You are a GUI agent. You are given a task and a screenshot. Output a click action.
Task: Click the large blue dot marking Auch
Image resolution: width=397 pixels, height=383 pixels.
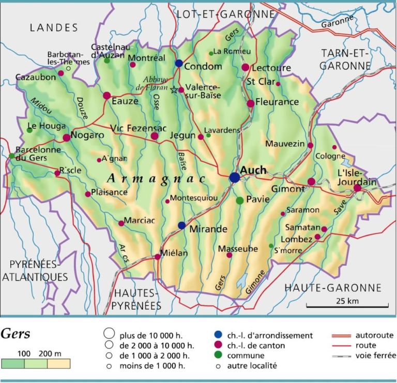(x=235, y=177)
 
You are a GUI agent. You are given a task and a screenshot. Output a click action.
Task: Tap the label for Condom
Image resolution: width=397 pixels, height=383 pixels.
(x=203, y=66)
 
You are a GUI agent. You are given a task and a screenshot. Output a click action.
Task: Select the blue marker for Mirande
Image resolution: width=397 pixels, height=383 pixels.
(x=181, y=225)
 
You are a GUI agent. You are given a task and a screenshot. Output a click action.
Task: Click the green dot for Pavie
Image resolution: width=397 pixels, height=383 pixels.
(x=240, y=200)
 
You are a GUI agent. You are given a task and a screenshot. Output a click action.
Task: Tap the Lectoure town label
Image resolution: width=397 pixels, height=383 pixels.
(x=270, y=67)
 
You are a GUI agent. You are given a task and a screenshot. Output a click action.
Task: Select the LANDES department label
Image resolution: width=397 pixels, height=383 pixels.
(x=54, y=28)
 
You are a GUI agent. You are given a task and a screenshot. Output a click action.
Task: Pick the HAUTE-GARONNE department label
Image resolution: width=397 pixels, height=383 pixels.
(x=333, y=288)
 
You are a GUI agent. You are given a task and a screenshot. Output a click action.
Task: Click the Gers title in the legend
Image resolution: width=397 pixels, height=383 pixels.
(x=16, y=333)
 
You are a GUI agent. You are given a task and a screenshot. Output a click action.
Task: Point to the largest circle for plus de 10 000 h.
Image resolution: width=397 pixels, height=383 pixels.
(x=109, y=334)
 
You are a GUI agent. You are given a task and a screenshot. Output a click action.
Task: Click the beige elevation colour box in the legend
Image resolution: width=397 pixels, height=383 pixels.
(x=58, y=363)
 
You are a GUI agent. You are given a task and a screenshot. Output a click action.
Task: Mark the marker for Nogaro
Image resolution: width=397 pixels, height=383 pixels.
(x=67, y=137)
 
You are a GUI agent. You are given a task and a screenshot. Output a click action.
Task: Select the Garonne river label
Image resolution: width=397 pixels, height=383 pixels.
(x=337, y=22)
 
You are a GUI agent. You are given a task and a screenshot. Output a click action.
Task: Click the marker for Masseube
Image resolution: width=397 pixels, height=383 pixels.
(x=230, y=255)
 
